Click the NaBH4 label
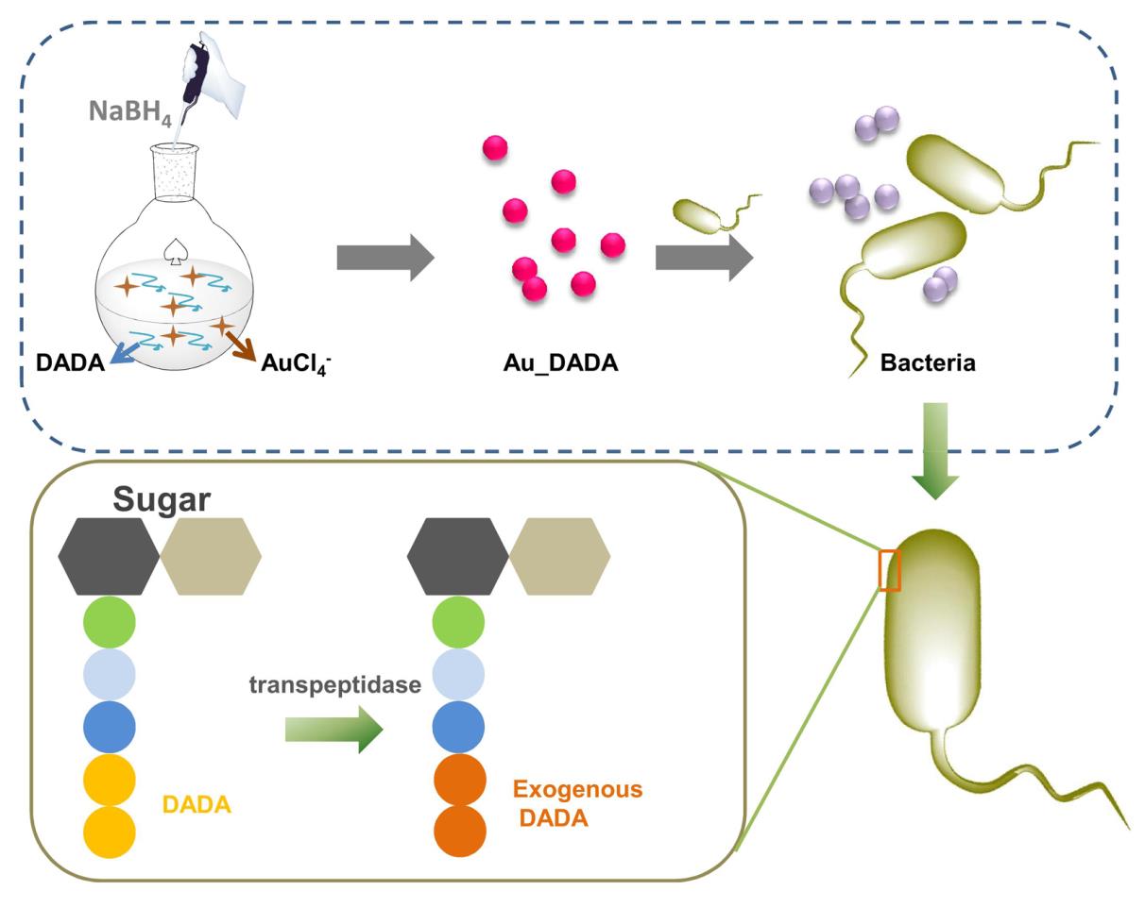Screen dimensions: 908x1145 [x=129, y=111]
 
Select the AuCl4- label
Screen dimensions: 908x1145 [x=296, y=363]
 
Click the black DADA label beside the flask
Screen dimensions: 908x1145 [x=70, y=362]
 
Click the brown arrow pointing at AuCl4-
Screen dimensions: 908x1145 [x=241, y=345]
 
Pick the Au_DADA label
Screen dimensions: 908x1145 [x=560, y=362]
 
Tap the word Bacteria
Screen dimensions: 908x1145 [x=927, y=362]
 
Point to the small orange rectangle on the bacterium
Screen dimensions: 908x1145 [x=889, y=570]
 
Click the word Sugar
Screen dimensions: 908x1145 [x=162, y=499]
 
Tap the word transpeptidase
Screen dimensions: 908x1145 [x=335, y=684]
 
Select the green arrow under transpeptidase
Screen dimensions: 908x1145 [x=333, y=730]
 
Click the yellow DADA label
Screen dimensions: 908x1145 [x=197, y=805]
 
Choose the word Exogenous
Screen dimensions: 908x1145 [x=577, y=789]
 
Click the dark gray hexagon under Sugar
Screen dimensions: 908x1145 [x=109, y=556]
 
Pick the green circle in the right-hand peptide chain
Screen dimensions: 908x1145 [x=459, y=623]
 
